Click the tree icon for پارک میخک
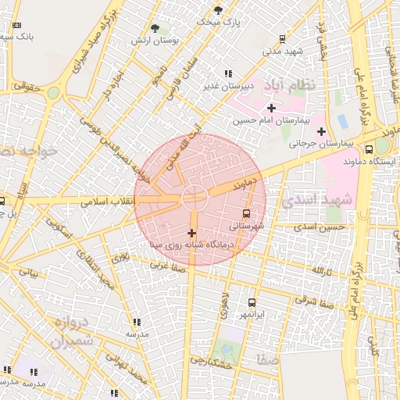(x=218, y=10)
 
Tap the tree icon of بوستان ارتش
(x=164, y=28)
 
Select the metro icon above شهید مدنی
(x=282, y=38)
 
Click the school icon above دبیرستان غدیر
(x=228, y=74)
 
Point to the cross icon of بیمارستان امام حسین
(x=271, y=108)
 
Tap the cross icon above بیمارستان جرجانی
(x=321, y=130)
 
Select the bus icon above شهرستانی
(x=247, y=212)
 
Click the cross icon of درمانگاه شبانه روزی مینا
(x=192, y=233)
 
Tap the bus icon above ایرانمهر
(x=252, y=302)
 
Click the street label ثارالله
(x=323, y=271)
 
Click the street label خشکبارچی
(x=213, y=362)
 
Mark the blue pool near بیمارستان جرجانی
(x=342, y=121)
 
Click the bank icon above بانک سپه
(x=17, y=24)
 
